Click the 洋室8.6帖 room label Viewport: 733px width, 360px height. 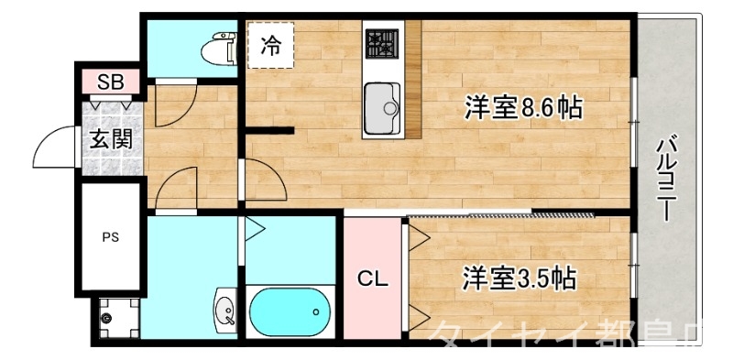522,108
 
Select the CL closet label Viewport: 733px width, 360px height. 371,277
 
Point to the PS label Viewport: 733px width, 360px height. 110,236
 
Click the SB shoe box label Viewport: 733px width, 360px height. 111,82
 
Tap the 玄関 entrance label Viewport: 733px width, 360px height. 111,140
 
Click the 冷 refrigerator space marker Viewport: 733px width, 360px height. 270,45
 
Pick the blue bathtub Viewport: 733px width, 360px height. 290,311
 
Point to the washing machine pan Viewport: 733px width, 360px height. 115,318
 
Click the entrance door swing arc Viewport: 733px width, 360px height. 55,147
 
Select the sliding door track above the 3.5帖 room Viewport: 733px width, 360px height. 500,215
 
